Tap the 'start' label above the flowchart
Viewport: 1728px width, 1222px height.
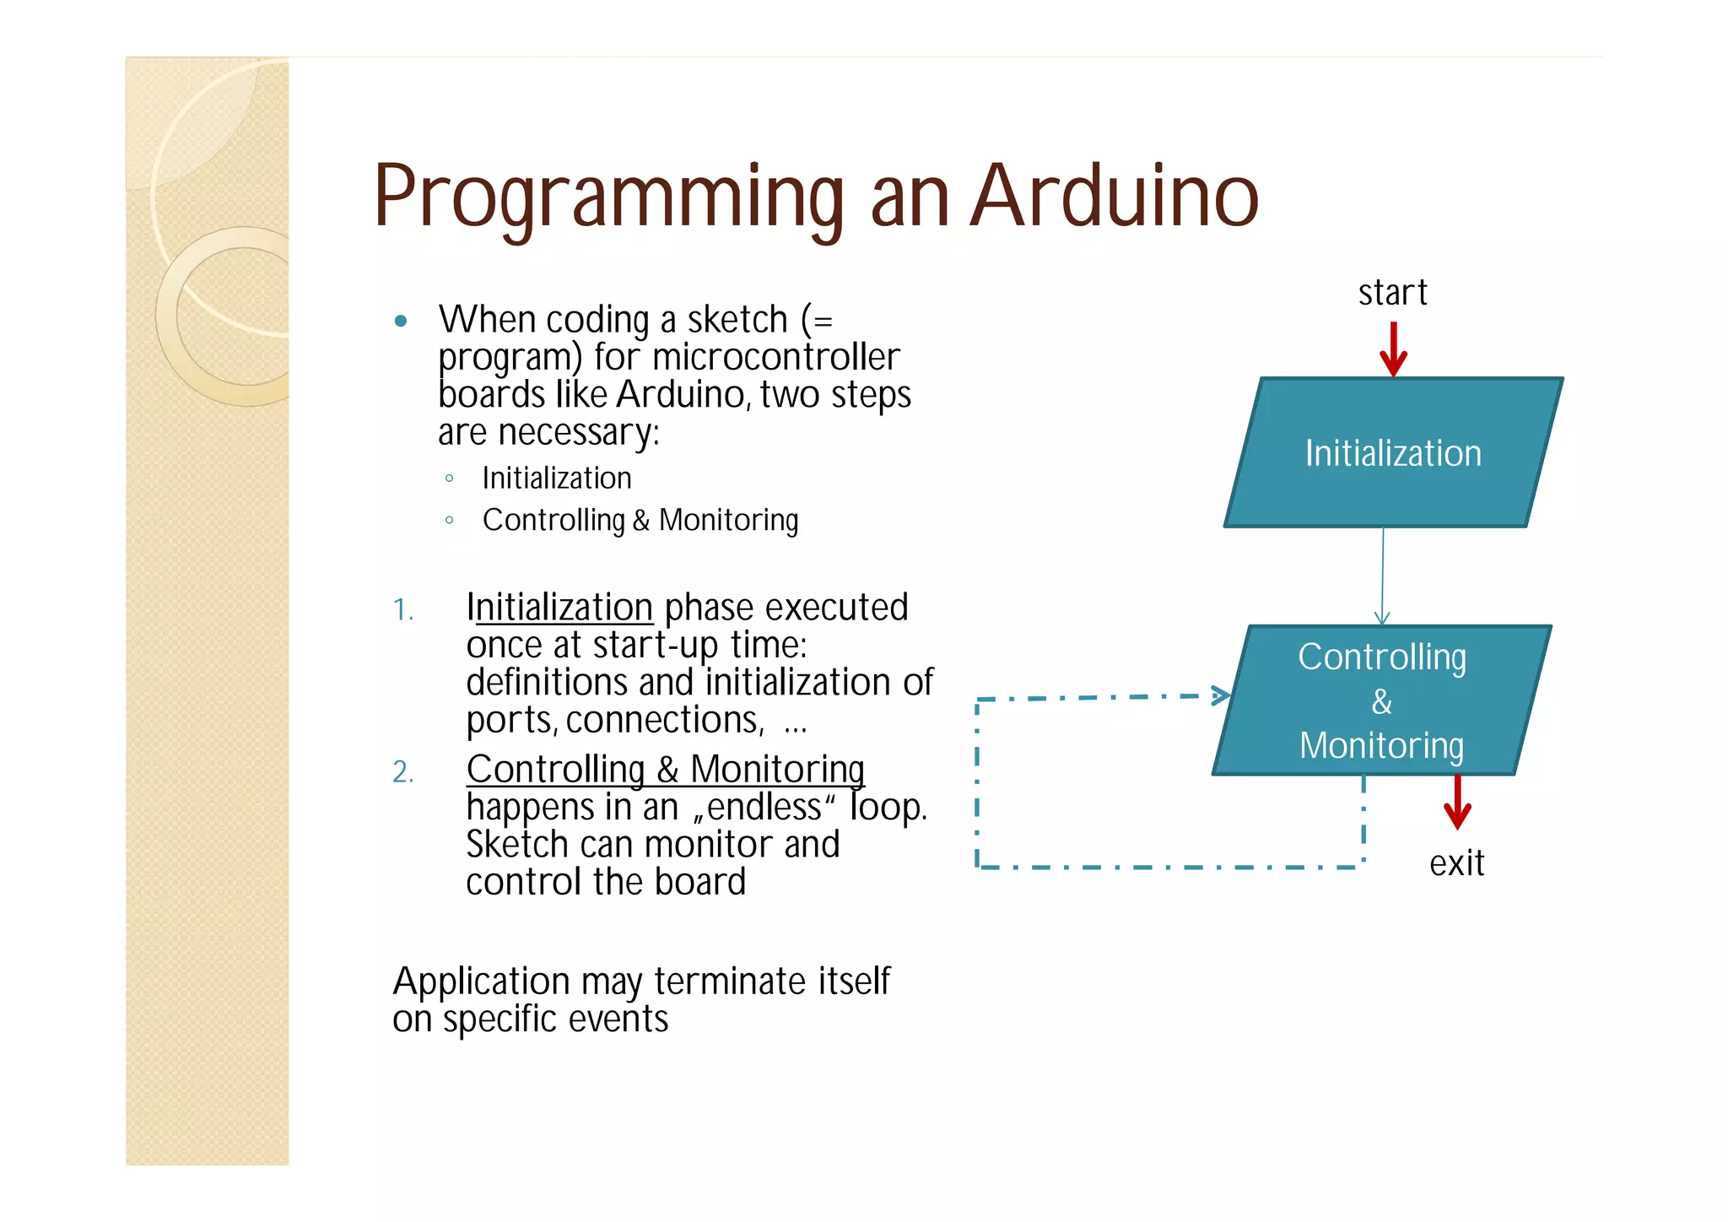pos(1392,293)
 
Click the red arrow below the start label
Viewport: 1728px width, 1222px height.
pos(1393,349)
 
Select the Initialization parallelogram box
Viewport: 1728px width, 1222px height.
pos(1393,453)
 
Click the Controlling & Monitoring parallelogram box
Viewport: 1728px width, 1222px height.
pos(1381,700)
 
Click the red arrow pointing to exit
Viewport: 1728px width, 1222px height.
pos(1457,803)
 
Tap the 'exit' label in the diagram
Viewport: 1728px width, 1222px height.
pos(1456,863)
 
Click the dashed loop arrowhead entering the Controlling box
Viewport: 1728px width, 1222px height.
pos(1220,696)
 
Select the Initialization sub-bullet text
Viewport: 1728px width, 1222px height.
pos(557,479)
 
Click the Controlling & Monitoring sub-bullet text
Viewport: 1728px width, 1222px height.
pos(640,521)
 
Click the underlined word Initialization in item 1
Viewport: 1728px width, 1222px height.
pos(560,608)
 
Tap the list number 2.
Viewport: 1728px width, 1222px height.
pos(402,771)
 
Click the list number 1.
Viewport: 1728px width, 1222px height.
pos(402,609)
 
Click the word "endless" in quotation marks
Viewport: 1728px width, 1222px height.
pos(764,808)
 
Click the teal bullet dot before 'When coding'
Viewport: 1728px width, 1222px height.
pos(402,321)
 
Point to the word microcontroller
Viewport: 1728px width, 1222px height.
pos(775,358)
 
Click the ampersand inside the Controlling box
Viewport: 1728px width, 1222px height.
pos(1381,701)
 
